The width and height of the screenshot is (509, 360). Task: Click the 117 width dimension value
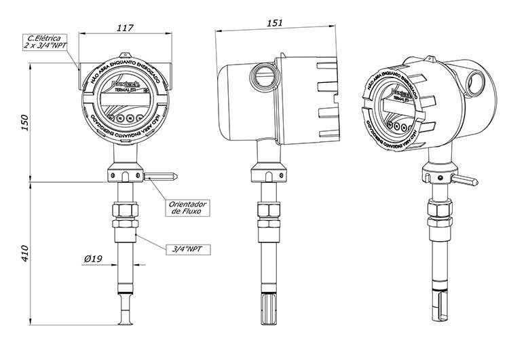(124, 28)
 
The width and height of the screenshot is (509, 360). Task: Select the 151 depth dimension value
(274, 22)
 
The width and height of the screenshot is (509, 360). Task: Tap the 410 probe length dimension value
(25, 253)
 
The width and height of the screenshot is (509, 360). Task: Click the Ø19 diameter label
(93, 259)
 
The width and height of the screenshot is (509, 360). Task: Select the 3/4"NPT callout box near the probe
(188, 249)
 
